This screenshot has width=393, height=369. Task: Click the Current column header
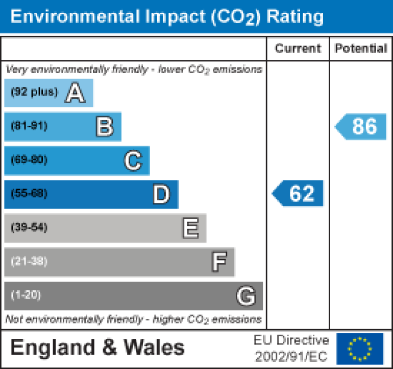298,49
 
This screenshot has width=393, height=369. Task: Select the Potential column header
361,49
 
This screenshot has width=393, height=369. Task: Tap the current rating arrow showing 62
298,194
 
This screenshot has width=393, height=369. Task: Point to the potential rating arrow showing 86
361,126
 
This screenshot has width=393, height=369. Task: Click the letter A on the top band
75,93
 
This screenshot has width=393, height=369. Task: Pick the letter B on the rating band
104,126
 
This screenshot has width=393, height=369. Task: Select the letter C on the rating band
132,160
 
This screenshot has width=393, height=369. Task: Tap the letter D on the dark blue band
161,194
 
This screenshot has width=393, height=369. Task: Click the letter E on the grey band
190,228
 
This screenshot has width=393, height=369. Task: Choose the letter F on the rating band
218,262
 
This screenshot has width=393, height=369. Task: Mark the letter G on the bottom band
245,296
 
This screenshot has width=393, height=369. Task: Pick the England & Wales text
97,348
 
